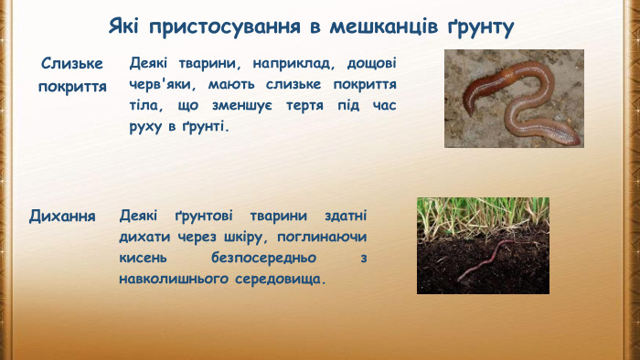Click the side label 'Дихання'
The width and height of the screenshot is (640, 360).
point(63,217)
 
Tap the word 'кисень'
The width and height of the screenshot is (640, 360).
point(143,257)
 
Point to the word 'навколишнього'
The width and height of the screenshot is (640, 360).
point(173,277)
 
